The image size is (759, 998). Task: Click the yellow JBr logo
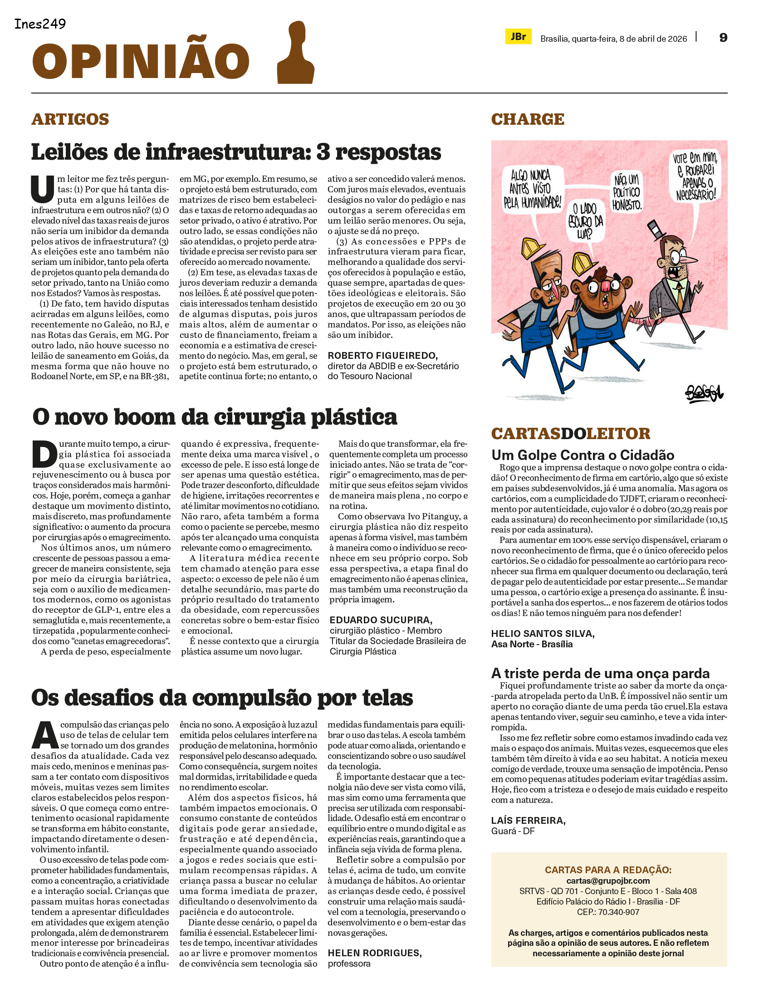pos(518,37)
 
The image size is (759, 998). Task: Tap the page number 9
pos(723,38)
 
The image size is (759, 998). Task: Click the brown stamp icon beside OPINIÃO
pos(296,54)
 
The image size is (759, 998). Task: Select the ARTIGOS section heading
pos(70,119)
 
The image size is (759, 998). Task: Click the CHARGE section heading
pos(528,119)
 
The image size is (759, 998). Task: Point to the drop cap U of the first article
pos(43,189)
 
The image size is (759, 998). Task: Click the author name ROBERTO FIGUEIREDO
pos(382,356)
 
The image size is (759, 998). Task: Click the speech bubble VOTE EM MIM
pos(694,176)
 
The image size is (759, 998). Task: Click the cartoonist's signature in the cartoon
pos(704,393)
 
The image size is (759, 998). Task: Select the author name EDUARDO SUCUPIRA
pos(381,620)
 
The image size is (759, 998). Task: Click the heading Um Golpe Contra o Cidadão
pos(583,455)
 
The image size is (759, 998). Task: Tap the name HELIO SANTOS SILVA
pos(543,634)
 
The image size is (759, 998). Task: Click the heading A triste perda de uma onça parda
pos(600,673)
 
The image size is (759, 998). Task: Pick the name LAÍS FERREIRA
pos(528,821)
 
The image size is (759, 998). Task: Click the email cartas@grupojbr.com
pos(608,881)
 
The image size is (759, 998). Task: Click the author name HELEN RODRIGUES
pos(375,953)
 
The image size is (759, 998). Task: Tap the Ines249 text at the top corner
pos(40,24)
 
